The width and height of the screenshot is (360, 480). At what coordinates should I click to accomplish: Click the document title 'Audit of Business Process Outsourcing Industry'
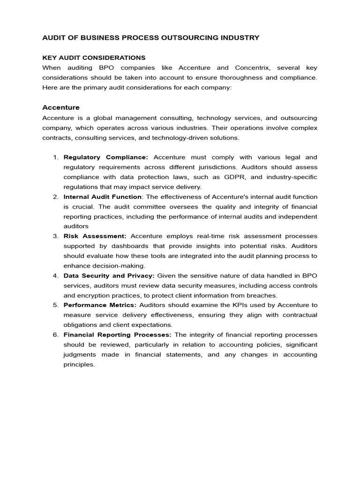coord(150,37)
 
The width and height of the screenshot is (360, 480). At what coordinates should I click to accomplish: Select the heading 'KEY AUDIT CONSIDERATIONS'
coord(94,58)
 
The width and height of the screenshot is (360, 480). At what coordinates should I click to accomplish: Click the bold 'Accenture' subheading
coord(61,107)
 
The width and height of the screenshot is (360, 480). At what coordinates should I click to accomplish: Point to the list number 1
coord(55,157)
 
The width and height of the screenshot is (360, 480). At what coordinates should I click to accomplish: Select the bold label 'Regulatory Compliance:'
coord(106,157)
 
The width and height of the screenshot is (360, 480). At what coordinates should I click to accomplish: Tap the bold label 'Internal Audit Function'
coord(102,196)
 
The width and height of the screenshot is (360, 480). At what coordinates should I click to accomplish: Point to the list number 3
coord(55,236)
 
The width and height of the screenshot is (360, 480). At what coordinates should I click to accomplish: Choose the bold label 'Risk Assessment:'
coord(95,236)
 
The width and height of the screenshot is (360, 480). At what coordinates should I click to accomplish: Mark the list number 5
coord(55,305)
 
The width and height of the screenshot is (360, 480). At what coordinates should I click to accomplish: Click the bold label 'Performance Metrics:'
coord(100,305)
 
